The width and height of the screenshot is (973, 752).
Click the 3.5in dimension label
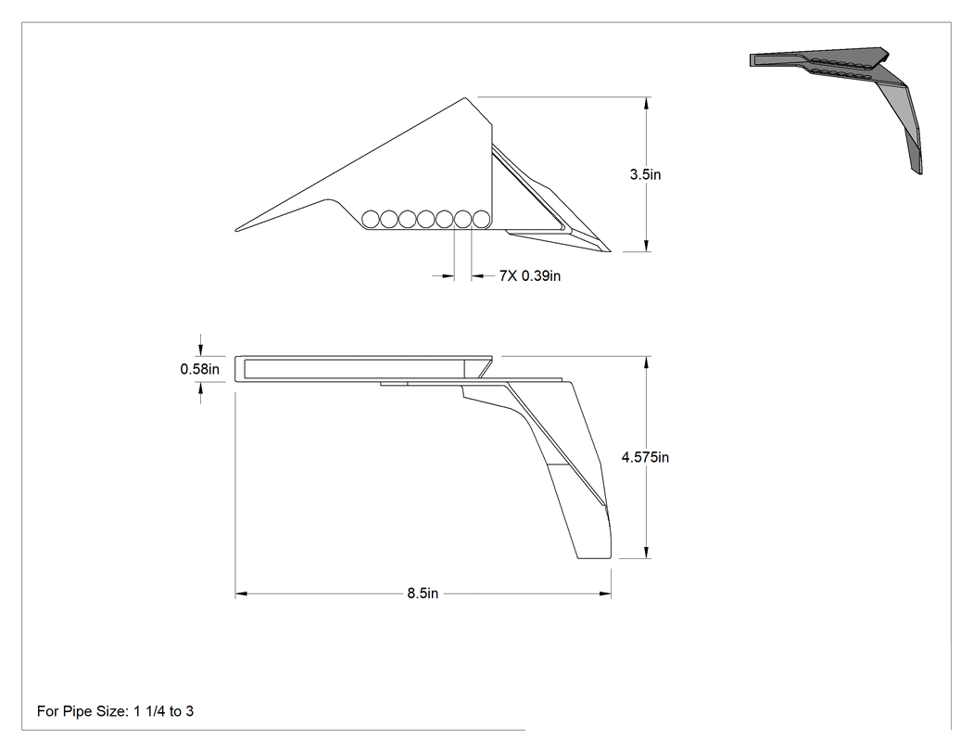pos(645,174)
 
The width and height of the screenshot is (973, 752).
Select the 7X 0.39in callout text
pos(530,275)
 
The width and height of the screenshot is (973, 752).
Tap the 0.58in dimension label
pos(200,369)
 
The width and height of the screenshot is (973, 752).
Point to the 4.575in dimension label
pos(645,457)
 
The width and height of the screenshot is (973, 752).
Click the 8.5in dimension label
pos(423,593)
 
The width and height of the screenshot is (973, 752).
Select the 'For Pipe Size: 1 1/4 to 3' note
pos(116,711)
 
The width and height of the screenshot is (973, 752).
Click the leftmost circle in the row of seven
pos(371,219)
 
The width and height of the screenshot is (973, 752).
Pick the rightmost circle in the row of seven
pos(482,219)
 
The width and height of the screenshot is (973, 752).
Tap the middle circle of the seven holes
pos(426,219)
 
